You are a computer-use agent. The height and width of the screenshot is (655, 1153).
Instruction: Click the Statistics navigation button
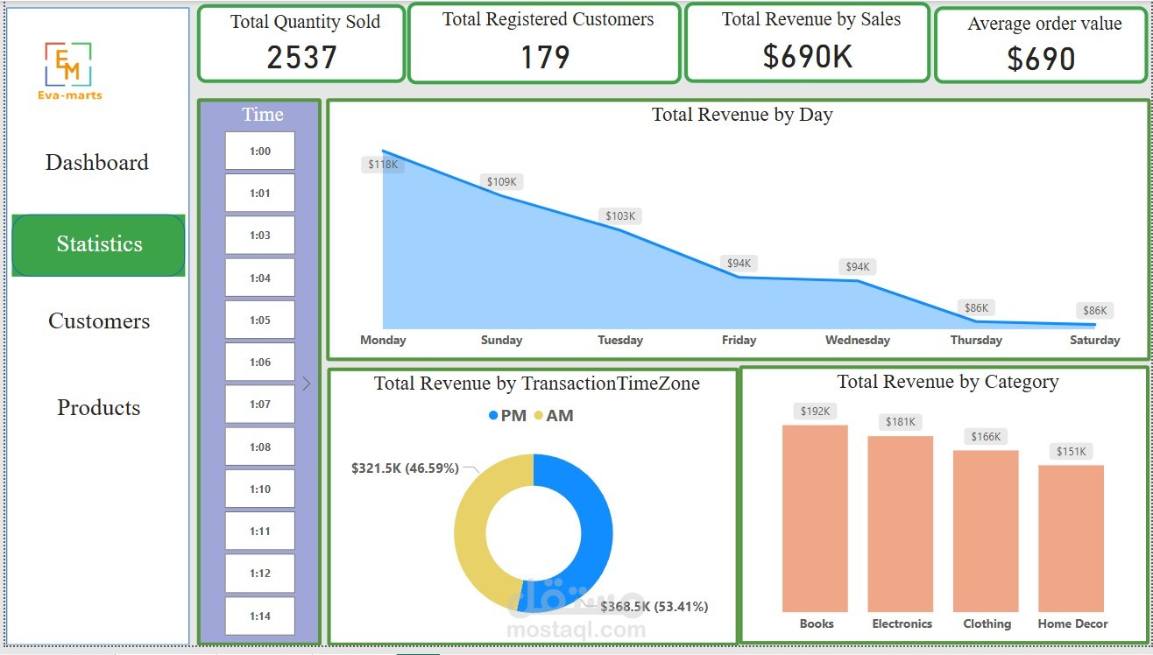99,244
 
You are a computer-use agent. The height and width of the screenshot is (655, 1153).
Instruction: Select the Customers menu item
99,321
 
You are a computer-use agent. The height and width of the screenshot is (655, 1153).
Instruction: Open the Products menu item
99,407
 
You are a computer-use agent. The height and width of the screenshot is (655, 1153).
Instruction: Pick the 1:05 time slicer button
260,320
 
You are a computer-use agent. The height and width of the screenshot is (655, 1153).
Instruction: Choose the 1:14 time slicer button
260,616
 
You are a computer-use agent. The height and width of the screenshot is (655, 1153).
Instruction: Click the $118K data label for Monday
383,164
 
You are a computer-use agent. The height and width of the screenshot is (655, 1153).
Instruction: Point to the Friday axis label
739,340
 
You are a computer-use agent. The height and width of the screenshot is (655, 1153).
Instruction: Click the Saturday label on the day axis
1094,340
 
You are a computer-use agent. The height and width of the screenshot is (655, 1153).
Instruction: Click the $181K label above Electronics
900,422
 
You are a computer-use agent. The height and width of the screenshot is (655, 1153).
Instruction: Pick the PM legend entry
507,416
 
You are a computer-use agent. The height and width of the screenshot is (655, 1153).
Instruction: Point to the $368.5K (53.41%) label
654,606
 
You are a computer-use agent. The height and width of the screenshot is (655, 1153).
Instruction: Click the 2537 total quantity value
302,58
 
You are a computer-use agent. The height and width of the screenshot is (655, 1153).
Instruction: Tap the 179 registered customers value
545,58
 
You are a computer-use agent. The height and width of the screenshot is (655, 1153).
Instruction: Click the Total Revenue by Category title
947,382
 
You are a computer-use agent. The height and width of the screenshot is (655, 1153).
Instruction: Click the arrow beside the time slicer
307,384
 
